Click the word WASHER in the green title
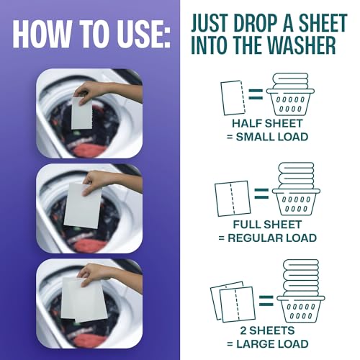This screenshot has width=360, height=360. tap(297, 46)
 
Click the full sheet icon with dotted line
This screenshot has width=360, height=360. tap(231, 198)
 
